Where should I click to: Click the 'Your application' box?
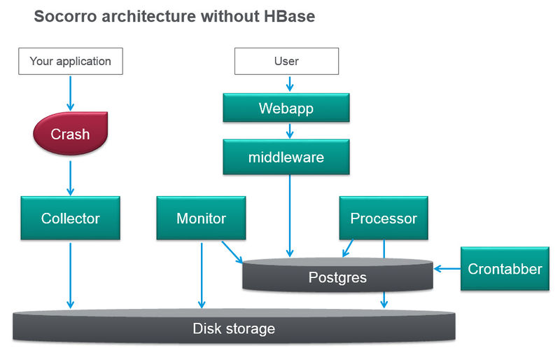pyautogui.click(x=70, y=61)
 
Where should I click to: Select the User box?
pyautogui.click(x=286, y=61)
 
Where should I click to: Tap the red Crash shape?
pyautogui.click(x=70, y=134)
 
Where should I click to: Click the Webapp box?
pyautogui.click(x=286, y=109)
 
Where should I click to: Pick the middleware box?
pyautogui.click(x=286, y=157)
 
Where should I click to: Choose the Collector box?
pyautogui.click(x=70, y=219)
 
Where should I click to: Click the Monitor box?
pyautogui.click(x=202, y=219)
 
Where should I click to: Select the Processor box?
pyautogui.click(x=384, y=219)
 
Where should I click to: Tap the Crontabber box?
pyautogui.click(x=505, y=269)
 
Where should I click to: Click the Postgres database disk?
pyautogui.click(x=337, y=277)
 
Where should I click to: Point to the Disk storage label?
pyautogui.click(x=234, y=328)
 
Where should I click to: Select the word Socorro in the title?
pyautogui.click(x=65, y=16)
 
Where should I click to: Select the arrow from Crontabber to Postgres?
pyautogui.click(x=447, y=268)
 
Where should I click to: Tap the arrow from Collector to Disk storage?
pyautogui.click(x=70, y=273)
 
